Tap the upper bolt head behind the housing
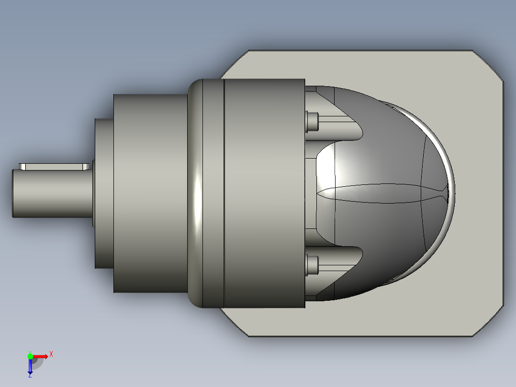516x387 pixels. [311, 122]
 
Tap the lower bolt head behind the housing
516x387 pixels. [311, 265]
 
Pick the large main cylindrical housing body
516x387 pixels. [264, 193]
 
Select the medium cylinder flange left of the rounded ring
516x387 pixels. [149, 193]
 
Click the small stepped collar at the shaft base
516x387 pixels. [103, 193]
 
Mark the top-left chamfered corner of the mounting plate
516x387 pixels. [235, 64]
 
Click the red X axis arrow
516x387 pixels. [40, 356]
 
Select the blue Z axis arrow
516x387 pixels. [30, 367]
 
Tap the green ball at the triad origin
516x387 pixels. [30, 356]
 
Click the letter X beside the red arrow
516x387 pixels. [51, 354]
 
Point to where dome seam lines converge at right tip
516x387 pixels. [448, 193]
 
